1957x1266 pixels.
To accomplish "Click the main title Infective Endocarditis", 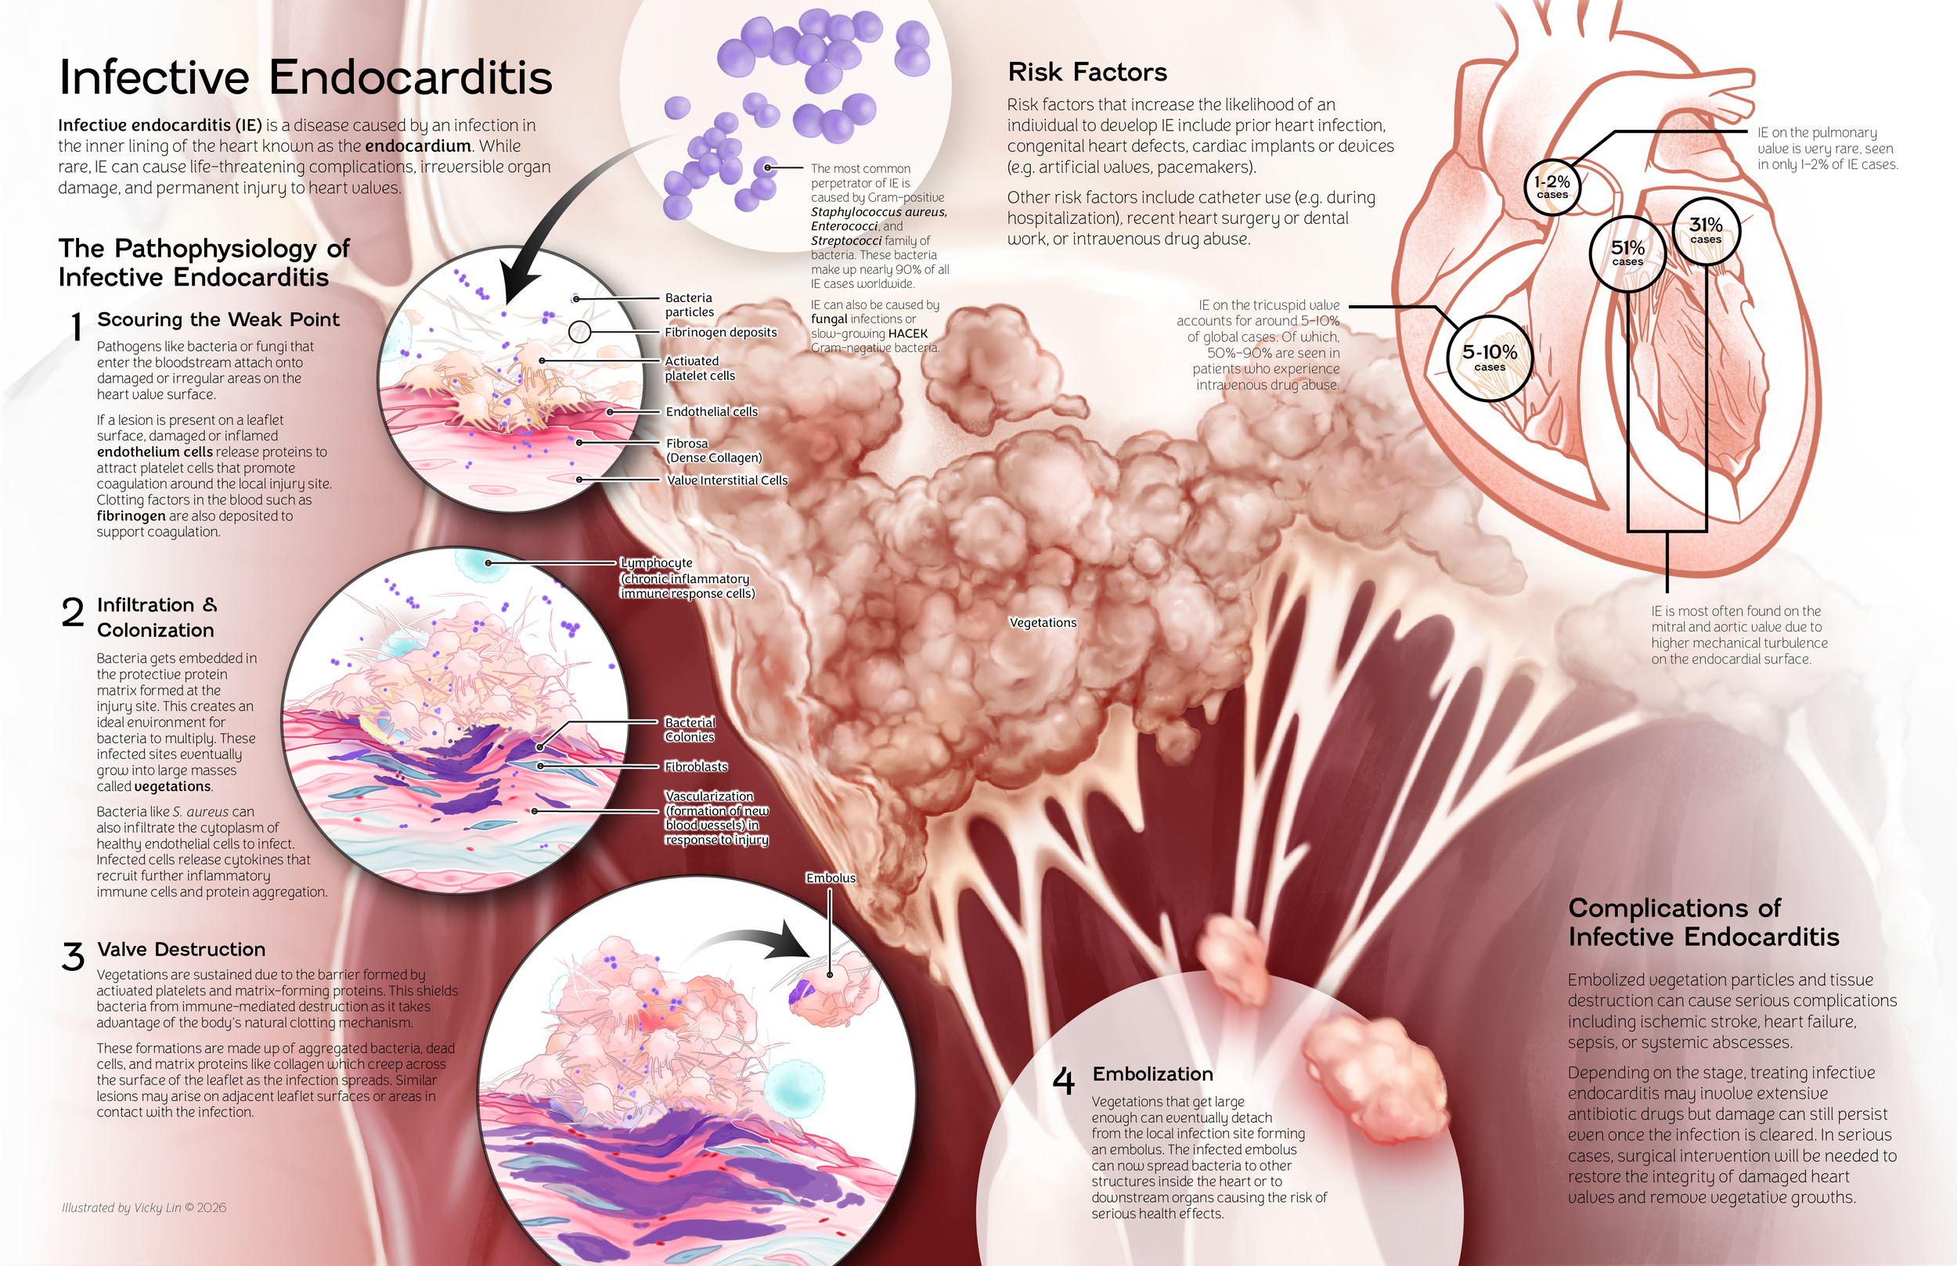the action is tap(305, 78).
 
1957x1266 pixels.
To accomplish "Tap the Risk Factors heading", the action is tap(1087, 72).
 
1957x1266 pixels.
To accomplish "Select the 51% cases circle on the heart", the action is tap(1627, 253).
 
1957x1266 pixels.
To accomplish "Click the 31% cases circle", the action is tap(1707, 229).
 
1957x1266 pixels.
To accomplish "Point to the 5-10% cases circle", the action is tap(1489, 358).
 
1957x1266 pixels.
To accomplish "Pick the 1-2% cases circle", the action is tap(1552, 186).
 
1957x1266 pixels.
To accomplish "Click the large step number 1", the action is tap(77, 327).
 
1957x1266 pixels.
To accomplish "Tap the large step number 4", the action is tap(1063, 1081).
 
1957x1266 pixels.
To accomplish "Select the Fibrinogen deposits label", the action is tap(720, 332).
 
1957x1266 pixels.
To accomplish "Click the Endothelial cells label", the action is tap(712, 411).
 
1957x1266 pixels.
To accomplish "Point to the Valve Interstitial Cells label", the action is tap(727, 480).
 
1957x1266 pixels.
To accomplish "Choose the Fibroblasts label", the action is tap(696, 766).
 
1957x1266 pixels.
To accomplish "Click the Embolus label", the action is tap(831, 878).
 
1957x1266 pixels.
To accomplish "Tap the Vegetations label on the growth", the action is tap(1043, 622).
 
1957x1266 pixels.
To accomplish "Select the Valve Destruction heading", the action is tap(181, 950).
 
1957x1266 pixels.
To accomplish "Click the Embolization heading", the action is tap(1152, 1074).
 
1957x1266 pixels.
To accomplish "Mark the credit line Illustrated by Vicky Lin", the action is tap(144, 1207).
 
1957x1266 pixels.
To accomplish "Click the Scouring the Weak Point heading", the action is tap(218, 320).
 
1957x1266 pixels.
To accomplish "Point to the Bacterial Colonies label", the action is tap(689, 729).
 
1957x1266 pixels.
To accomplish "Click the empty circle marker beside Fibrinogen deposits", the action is tap(580, 332).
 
